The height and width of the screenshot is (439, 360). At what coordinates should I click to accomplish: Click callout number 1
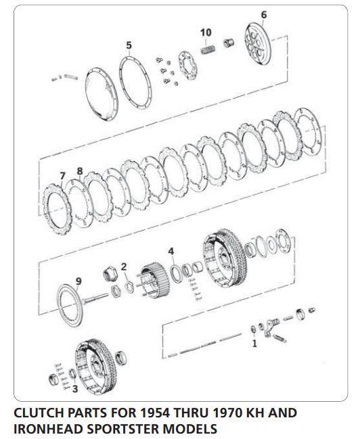pos(254,344)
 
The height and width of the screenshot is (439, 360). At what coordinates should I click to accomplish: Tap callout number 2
pos(124,266)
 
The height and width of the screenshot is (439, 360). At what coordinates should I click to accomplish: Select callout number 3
pos(75,389)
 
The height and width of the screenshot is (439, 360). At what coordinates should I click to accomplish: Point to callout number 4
pos(172,252)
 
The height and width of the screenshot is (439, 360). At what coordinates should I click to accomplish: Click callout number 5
pos(129,46)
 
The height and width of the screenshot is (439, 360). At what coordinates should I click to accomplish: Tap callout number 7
pos(62,176)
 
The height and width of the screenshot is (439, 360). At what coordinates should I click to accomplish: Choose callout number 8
pos(80,171)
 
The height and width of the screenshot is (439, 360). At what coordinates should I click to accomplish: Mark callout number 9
pos(78,281)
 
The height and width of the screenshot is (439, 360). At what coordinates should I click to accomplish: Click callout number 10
pos(206,32)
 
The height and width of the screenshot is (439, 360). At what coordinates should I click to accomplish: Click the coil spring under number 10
pos(209,50)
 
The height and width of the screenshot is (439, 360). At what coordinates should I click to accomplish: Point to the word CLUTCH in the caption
pos(39,413)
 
